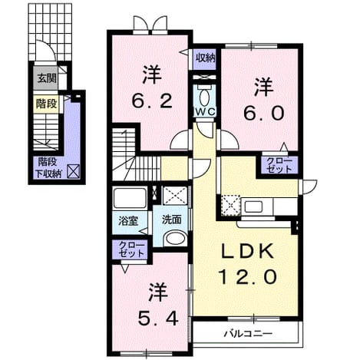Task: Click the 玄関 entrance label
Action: tap(47, 78)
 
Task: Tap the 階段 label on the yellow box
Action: tap(46, 104)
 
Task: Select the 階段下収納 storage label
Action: tap(48, 168)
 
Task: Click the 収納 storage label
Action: tap(205, 58)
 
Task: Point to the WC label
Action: tap(206, 111)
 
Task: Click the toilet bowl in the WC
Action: tap(204, 97)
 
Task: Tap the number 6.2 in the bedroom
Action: tap(152, 101)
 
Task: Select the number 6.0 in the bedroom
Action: tap(263, 114)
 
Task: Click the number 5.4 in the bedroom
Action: tap(158, 319)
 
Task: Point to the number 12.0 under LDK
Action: tap(248, 277)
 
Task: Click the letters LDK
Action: tap(247, 252)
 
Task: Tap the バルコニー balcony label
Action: tap(248, 334)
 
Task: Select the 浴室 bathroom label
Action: tap(128, 220)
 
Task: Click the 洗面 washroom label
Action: tap(172, 220)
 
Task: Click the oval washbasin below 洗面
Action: tap(176, 239)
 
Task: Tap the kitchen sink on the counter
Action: tap(253, 206)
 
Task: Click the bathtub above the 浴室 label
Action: tap(130, 198)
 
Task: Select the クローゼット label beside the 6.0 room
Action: tap(279, 165)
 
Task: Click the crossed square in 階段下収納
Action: tap(73, 171)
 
